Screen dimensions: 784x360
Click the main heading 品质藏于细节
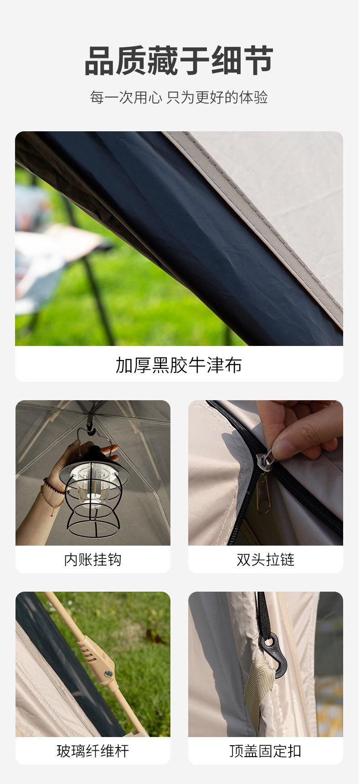click(179, 61)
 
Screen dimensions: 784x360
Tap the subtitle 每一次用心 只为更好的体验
click(179, 98)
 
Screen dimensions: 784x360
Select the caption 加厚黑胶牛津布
click(179, 365)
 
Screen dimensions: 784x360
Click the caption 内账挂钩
click(93, 560)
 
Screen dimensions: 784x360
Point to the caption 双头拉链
click(265, 560)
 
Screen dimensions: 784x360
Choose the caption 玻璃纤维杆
click(93, 751)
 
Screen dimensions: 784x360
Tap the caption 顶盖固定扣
click(265, 751)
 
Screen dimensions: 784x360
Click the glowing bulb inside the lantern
click(93, 485)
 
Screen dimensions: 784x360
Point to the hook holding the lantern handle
click(90, 428)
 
